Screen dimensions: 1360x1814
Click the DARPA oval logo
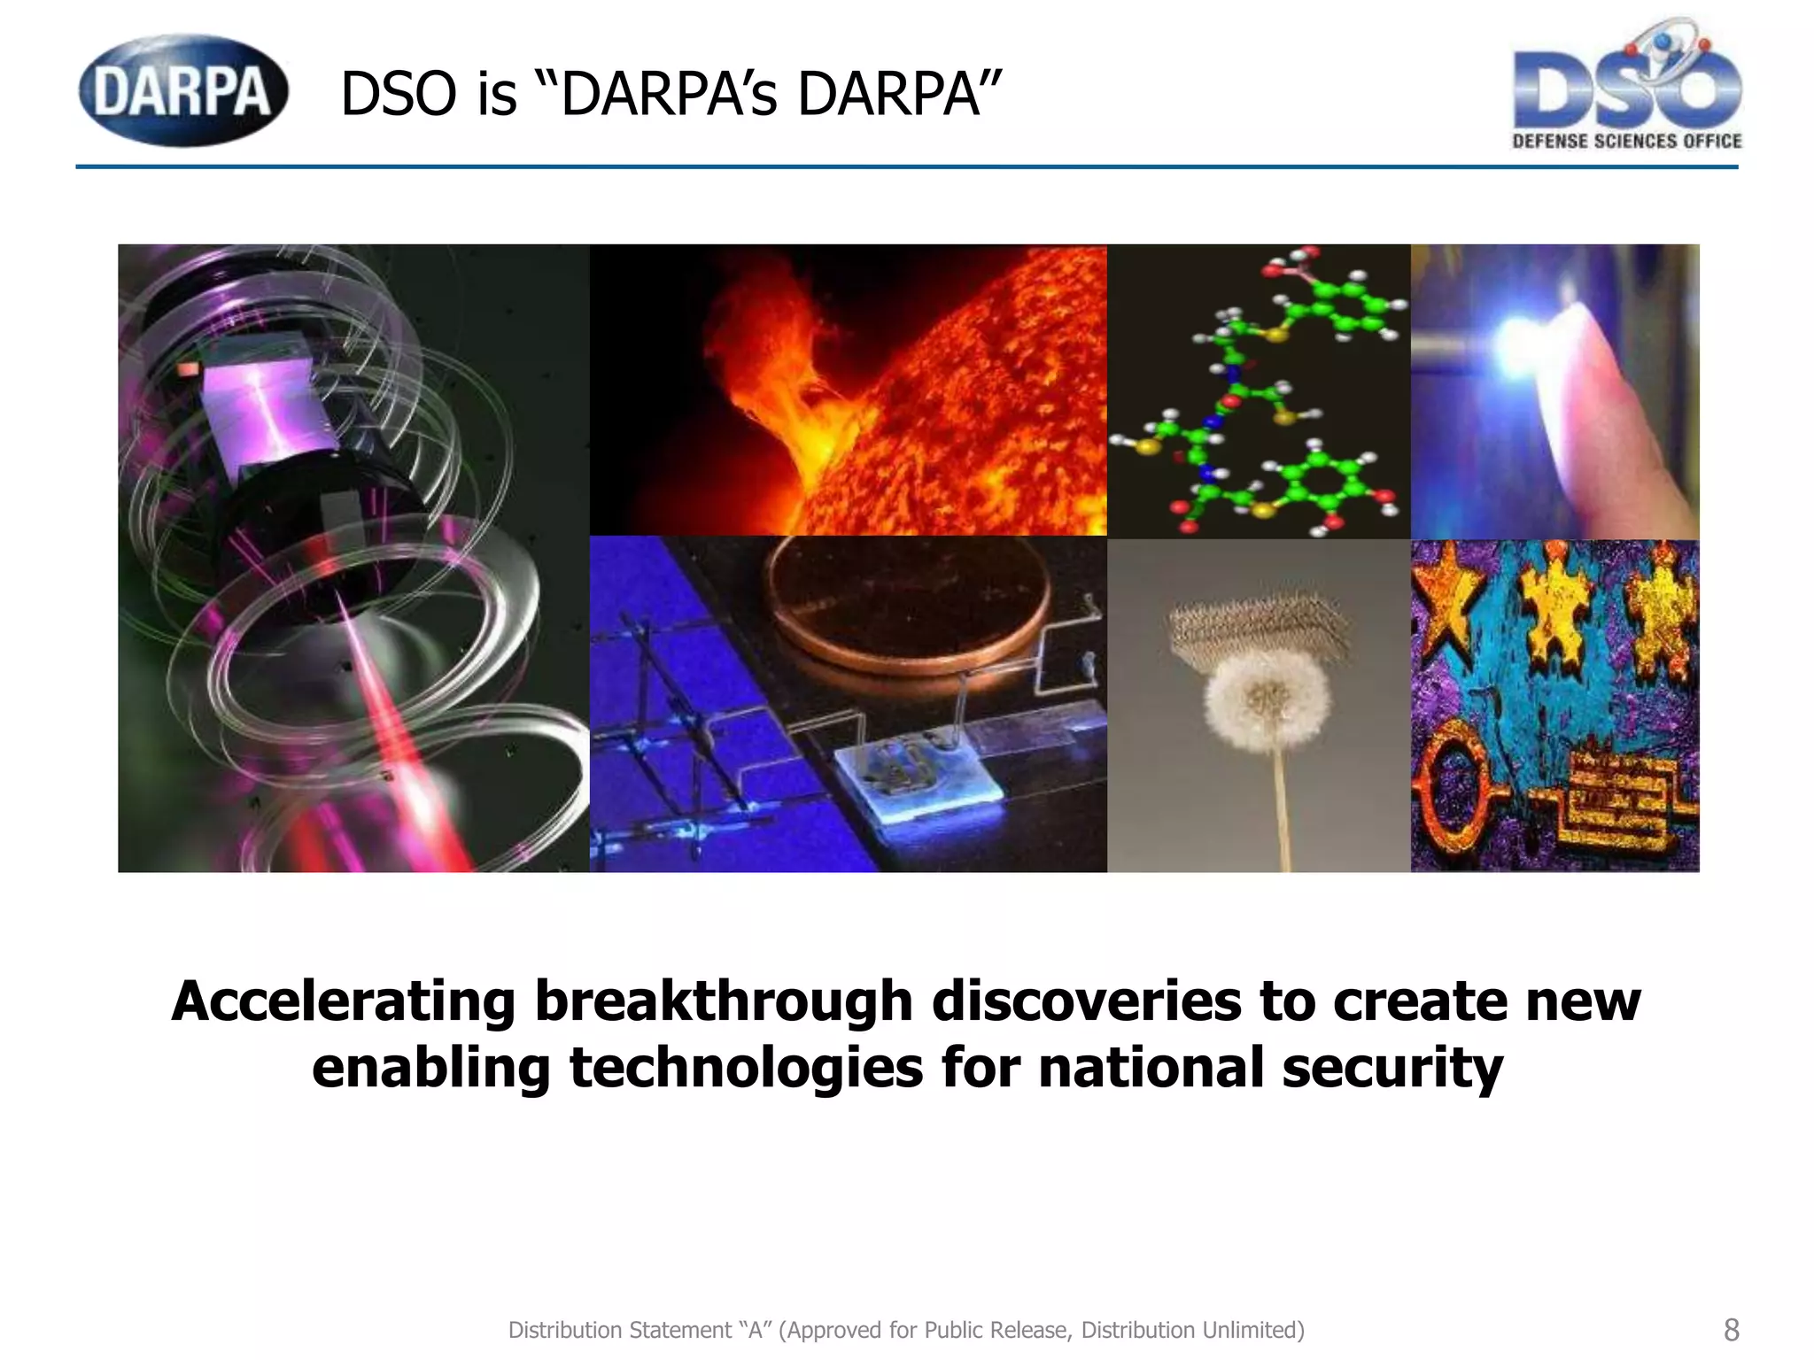tap(183, 90)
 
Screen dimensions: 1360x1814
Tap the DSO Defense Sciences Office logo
tap(1627, 89)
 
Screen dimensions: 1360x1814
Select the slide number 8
tap(1731, 1330)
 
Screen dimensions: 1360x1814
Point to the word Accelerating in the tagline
tap(343, 1001)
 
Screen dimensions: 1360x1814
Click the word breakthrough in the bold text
tap(723, 1001)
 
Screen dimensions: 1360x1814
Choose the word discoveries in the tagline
tap(1086, 1001)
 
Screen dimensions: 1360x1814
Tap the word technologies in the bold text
tap(746, 1067)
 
